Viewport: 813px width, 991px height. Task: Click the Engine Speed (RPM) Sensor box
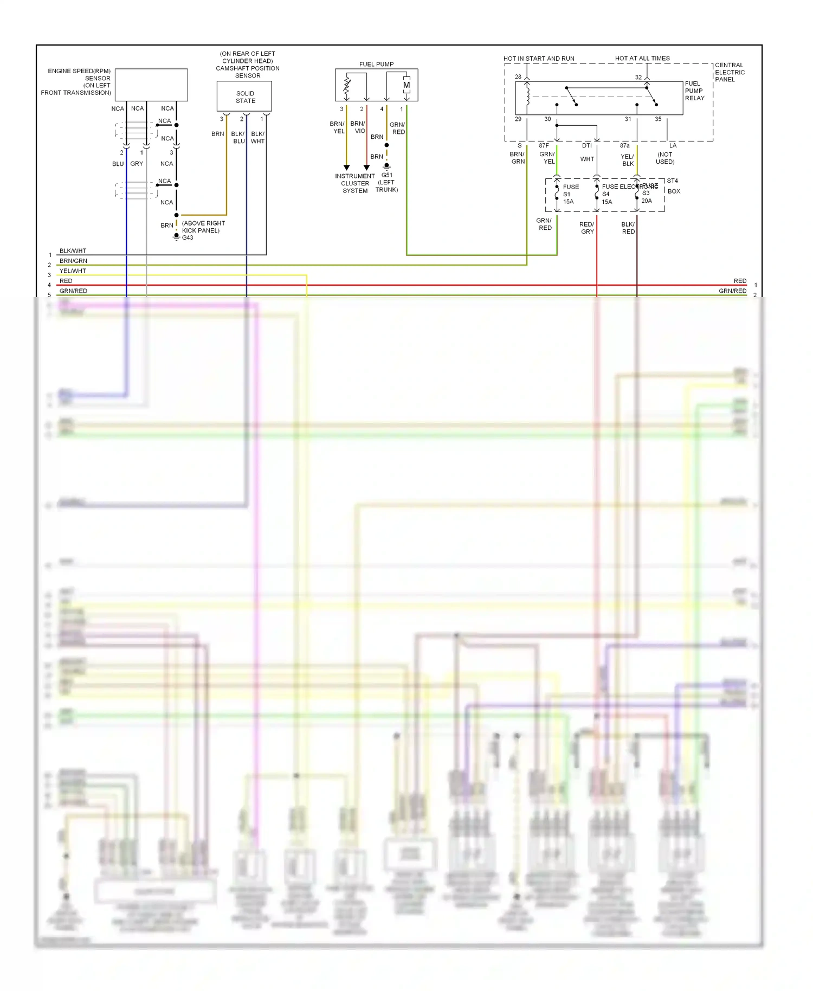coord(151,85)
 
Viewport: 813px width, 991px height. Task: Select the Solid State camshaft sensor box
coord(244,96)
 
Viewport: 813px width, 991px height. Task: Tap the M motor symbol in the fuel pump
coord(406,85)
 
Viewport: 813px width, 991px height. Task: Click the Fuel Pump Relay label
coord(694,91)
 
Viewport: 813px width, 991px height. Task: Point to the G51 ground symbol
coord(386,166)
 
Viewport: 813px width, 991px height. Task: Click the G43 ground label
coord(188,237)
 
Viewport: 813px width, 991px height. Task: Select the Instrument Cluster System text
coord(355,183)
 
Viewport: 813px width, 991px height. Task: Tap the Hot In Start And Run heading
coord(539,59)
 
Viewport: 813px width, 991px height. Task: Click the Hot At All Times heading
coord(642,58)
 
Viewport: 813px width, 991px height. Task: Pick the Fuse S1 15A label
coord(570,194)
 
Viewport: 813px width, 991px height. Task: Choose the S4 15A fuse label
coord(606,198)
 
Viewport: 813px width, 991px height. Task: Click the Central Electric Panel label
coord(730,72)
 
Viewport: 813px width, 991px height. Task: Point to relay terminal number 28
coord(518,76)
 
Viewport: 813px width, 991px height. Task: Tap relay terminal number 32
coord(638,77)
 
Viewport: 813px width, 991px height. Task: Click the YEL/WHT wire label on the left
coord(73,271)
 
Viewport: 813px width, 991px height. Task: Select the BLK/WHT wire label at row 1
coord(73,251)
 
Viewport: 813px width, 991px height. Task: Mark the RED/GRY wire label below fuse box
coord(587,228)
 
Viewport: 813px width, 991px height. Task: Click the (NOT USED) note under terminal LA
coord(665,158)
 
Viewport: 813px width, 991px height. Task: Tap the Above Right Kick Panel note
coord(203,227)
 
